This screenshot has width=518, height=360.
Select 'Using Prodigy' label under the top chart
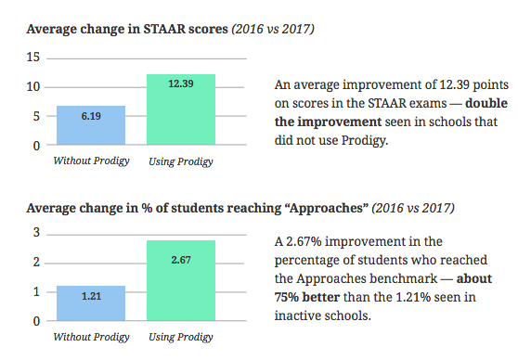(181, 161)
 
